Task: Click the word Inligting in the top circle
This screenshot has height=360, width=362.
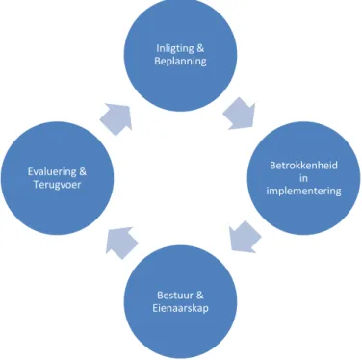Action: pyautogui.click(x=175, y=48)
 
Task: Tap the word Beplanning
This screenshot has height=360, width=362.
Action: pyautogui.click(x=180, y=61)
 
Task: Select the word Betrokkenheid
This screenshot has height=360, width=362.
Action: pyautogui.click(x=303, y=166)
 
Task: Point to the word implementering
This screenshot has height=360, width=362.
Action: pyautogui.click(x=303, y=191)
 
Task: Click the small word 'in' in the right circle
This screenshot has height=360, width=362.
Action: pyautogui.click(x=303, y=178)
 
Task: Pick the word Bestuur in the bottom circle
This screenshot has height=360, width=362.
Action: pyautogui.click(x=175, y=296)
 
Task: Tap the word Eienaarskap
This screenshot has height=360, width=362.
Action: pyautogui.click(x=180, y=308)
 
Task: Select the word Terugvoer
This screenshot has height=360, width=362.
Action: pyautogui.click(x=57, y=185)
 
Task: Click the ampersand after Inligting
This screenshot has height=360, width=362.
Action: pyautogui.click(x=200, y=48)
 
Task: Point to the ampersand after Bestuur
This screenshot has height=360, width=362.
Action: pyautogui.click(x=199, y=296)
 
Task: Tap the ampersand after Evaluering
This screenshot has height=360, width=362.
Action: pyautogui.click(x=83, y=172)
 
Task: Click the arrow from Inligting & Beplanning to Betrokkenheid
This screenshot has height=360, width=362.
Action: pyautogui.click(x=240, y=115)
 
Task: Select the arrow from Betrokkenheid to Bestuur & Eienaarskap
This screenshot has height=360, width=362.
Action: pyautogui.click(x=245, y=237)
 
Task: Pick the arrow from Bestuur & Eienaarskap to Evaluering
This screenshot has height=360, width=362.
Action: pyautogui.click(x=121, y=243)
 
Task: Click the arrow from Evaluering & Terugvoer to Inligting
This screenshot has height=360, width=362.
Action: pyautogui.click(x=116, y=118)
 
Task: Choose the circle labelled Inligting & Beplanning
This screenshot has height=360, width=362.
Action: pyautogui.click(x=180, y=55)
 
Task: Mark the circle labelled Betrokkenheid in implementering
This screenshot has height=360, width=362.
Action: pyautogui.click(x=303, y=178)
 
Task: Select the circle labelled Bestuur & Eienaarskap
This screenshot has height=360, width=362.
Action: pyautogui.click(x=180, y=301)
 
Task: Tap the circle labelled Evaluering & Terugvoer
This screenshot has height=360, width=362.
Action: pyautogui.click(x=57, y=178)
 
